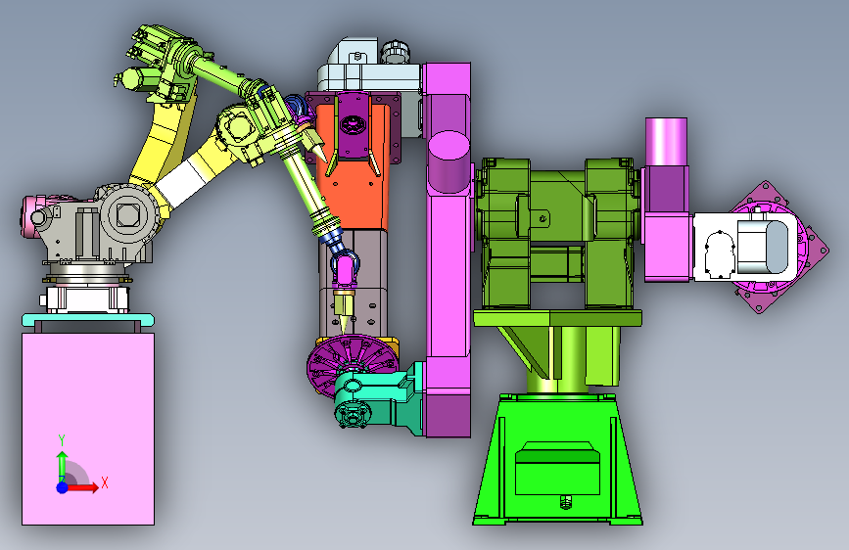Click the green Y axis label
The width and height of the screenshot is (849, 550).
point(62,440)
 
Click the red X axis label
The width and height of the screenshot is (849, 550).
point(105,482)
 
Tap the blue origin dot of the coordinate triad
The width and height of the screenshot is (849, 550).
point(63,487)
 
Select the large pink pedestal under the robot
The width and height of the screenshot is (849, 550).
point(88,429)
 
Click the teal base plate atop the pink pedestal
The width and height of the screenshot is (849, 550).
point(88,320)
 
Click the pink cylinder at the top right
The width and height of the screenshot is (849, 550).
point(666,142)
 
